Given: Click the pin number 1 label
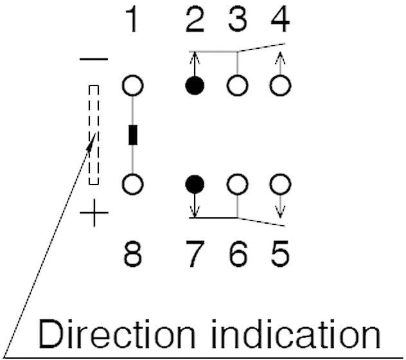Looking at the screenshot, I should pos(132,21).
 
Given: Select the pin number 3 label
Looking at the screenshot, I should pos(238,21).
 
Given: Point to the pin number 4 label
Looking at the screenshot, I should pos(279,21).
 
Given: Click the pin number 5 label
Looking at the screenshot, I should pos(279,253).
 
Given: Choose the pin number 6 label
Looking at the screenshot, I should pos(238,253).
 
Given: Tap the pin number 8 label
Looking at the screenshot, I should pos(133,253).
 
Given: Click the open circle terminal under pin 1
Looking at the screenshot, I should pos(133,86).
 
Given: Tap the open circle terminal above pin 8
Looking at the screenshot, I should pos(133,184).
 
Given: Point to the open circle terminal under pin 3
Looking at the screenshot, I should pos(238,86).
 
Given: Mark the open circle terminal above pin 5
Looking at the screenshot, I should pos(279,184).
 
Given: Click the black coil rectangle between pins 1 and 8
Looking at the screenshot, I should pos(133,136).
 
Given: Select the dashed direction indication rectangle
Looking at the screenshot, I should pos(94,134).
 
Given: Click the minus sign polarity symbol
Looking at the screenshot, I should pos(94,60).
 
